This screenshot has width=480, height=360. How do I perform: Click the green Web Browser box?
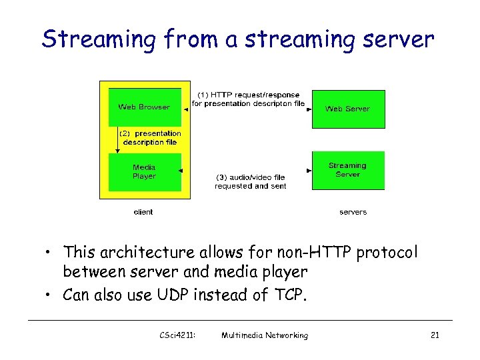point(144,107)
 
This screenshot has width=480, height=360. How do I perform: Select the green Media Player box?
point(144,172)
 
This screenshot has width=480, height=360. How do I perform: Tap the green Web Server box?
point(347,108)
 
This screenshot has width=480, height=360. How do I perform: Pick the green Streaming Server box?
point(347,171)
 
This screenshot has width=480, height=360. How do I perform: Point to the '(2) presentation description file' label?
point(151,137)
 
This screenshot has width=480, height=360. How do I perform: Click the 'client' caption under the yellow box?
point(143,212)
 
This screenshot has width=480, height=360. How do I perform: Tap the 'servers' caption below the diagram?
point(353,212)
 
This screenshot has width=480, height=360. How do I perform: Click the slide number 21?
point(435,335)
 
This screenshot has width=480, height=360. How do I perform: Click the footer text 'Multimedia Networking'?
point(265,335)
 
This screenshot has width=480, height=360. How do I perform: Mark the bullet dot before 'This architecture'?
point(50,253)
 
